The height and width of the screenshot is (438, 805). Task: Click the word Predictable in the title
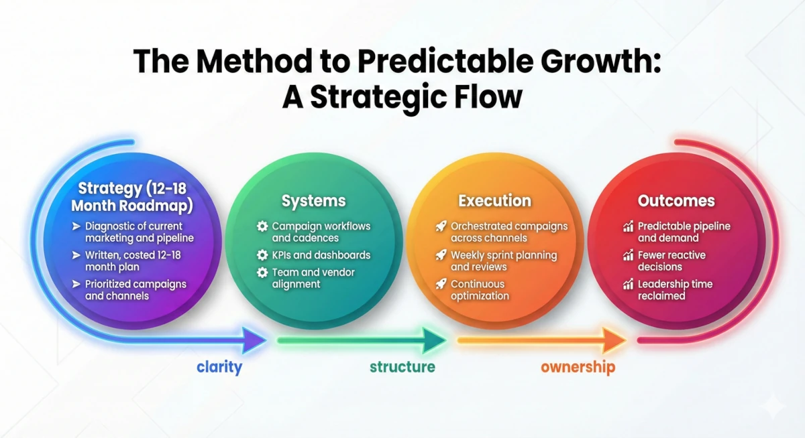tap(445, 62)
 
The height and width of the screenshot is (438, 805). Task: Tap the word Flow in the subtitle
tap(488, 97)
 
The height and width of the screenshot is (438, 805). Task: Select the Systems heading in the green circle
tap(314, 201)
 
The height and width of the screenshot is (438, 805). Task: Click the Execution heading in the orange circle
tap(495, 201)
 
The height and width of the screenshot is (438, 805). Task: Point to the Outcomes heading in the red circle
tap(676, 201)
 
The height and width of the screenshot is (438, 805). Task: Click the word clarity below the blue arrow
tap(219, 367)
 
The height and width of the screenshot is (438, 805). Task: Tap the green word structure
tap(402, 367)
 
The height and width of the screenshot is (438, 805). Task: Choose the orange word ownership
tap(578, 368)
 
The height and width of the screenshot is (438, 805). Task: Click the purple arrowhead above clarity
tap(254, 340)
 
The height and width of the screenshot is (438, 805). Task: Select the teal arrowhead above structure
tap(434, 340)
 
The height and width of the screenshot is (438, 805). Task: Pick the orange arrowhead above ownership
tap(614, 340)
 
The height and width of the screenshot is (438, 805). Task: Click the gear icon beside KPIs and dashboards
tap(262, 255)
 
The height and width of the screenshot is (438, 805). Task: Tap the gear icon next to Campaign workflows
tap(262, 226)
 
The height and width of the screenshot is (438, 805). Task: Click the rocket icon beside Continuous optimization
tap(441, 284)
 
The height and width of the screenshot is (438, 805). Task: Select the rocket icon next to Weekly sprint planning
tap(441, 255)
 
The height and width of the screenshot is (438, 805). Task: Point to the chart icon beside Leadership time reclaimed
tap(628, 284)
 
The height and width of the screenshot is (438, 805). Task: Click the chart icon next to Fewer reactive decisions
tap(628, 255)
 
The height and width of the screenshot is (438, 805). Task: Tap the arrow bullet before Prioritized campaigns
tap(76, 284)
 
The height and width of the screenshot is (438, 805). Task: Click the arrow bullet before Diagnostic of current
tap(76, 226)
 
